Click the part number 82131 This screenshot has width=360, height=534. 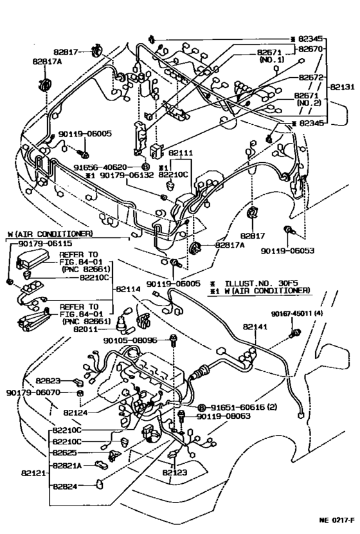[x=342, y=87]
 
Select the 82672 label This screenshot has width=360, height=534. [x=311, y=77]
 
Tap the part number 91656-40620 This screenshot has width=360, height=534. [x=100, y=167]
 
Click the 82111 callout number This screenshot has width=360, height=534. [x=181, y=152]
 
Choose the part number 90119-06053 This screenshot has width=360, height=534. [x=287, y=250]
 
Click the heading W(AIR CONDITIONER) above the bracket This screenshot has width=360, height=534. [x=50, y=234]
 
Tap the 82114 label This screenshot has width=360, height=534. [x=128, y=289]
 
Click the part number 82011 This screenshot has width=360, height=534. [x=85, y=329]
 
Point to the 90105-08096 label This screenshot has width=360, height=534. [x=130, y=340]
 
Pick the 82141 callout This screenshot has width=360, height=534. [x=255, y=327]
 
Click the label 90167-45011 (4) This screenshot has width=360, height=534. [x=297, y=313]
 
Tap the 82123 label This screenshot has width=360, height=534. [x=175, y=472]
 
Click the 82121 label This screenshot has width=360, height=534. [x=33, y=473]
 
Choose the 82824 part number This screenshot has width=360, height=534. [x=65, y=486]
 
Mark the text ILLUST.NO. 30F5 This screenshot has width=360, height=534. [x=261, y=283]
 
